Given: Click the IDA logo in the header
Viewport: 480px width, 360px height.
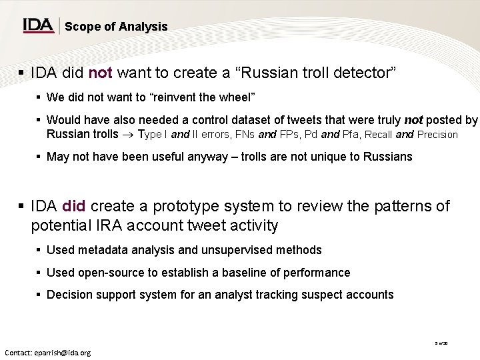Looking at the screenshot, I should [x=38, y=25].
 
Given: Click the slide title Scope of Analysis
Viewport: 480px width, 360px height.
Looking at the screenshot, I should [x=116, y=27].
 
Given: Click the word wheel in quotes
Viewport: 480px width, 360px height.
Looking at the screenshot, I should [x=239, y=99].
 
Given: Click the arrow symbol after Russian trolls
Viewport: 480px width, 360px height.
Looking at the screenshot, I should [x=125, y=134].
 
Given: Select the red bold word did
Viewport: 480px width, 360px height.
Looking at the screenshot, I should [x=75, y=206].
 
